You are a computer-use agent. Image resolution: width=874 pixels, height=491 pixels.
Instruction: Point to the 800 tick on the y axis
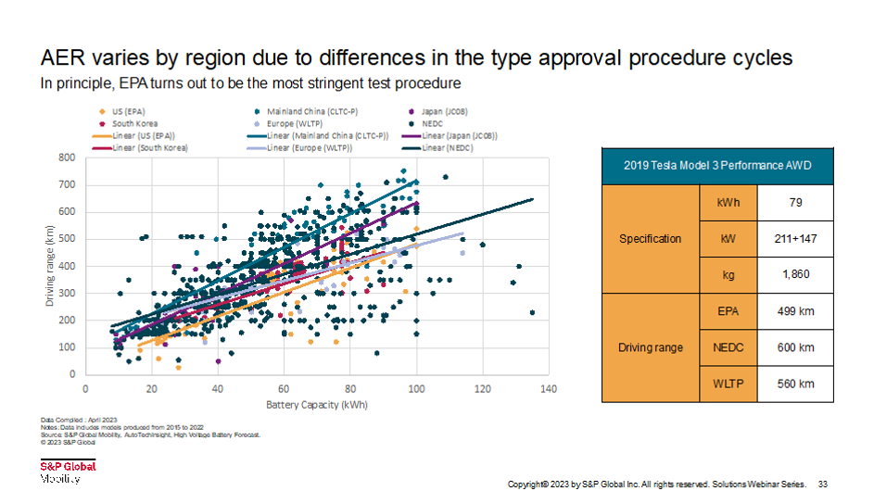[68, 157]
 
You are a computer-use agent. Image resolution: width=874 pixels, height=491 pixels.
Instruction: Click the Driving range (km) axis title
[51, 266]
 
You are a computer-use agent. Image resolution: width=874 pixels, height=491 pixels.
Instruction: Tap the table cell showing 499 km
[795, 311]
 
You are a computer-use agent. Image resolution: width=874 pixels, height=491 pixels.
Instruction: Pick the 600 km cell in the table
[795, 347]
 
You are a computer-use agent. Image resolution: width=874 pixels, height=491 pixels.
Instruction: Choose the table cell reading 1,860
[795, 275]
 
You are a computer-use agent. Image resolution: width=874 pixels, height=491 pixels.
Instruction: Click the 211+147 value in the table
[795, 238]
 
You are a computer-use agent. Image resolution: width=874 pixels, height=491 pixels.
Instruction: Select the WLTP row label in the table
[728, 384]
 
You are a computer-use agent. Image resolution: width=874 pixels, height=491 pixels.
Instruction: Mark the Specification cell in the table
[650, 238]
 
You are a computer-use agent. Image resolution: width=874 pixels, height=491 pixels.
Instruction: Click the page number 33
[822, 484]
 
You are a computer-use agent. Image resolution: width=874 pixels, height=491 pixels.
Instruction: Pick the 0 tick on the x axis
[85, 389]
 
